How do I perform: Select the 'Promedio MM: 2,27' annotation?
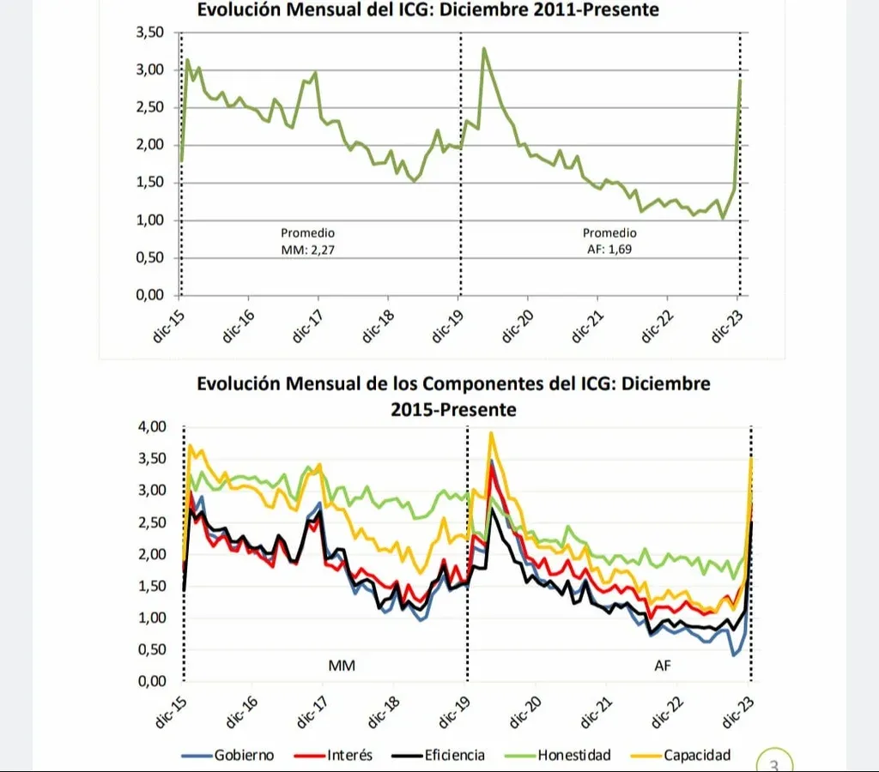[x=307, y=241]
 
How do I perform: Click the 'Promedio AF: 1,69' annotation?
[x=609, y=241]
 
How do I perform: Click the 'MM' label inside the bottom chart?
[x=342, y=665]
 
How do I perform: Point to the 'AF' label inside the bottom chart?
[x=664, y=665]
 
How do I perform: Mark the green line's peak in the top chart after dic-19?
[x=484, y=49]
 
